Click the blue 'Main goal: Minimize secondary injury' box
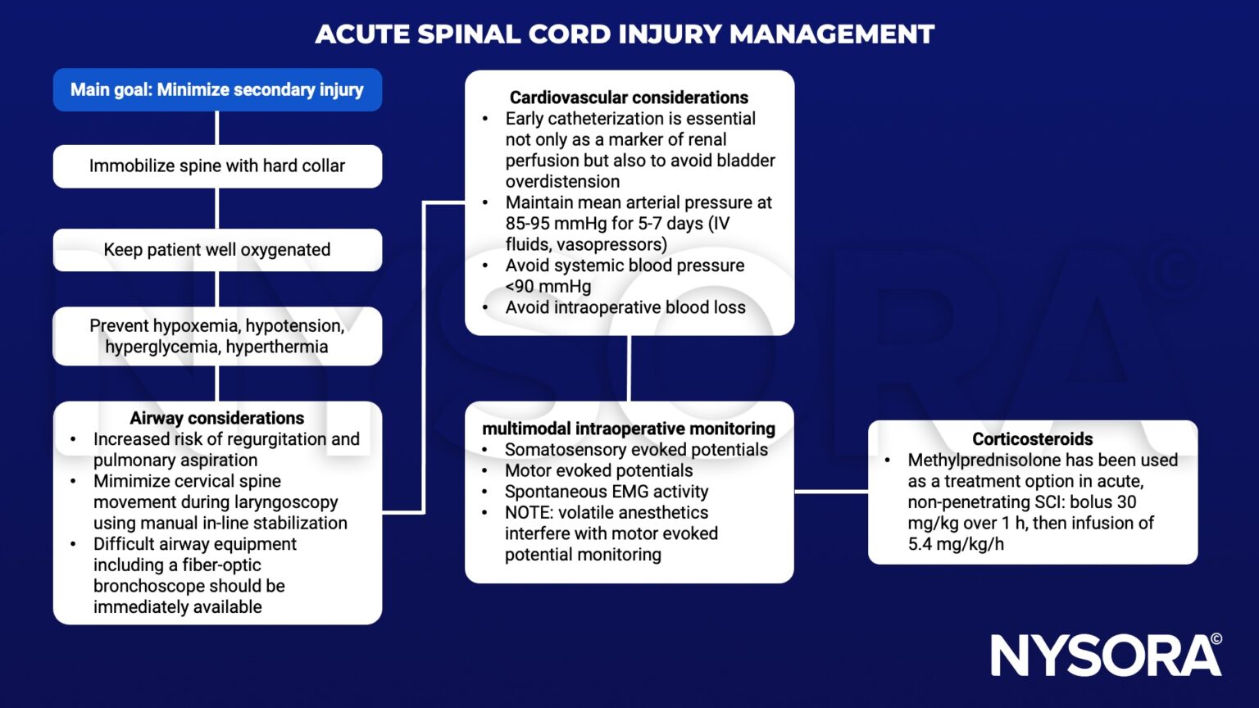tap(217, 89)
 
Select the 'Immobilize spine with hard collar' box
tap(217, 166)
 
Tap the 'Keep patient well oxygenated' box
tap(217, 250)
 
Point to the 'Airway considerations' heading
tap(217, 418)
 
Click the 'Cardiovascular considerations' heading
tap(629, 98)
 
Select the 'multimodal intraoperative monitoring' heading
tap(629, 429)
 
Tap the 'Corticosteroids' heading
tap(1032, 439)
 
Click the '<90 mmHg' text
tap(548, 287)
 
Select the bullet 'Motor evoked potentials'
tap(598, 471)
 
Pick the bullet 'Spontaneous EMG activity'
tap(607, 492)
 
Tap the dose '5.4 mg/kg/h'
tap(956, 544)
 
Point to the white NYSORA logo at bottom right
tap(1106, 656)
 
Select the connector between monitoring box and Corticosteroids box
tap(830, 492)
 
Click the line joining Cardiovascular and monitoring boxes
tap(629, 368)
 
